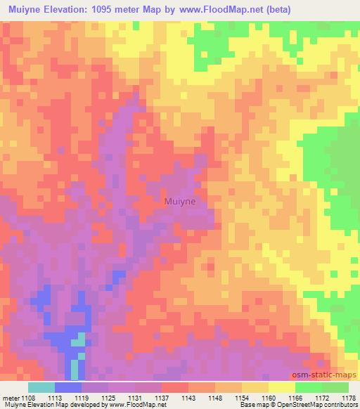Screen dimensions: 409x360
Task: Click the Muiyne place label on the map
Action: pos(180,201)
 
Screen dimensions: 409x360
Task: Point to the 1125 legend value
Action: pos(109,397)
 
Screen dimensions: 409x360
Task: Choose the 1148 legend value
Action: pos(216,397)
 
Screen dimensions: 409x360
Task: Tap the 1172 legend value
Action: pos(322,397)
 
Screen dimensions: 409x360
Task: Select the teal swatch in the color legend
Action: pos(41,387)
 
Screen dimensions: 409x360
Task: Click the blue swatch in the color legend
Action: pos(68,387)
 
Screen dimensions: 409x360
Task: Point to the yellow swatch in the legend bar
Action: pos(282,387)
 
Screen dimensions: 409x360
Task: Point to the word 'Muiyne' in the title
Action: pos(27,10)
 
